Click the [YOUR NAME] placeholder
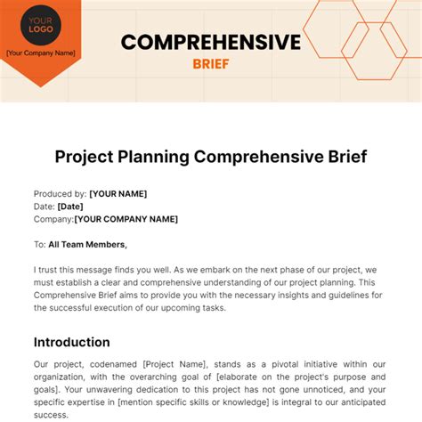118,193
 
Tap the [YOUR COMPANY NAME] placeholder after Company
126,219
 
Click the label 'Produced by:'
61,193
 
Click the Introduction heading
72,342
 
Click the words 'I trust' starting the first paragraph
49,270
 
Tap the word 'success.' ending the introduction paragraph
53,414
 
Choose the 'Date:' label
45,206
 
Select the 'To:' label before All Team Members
41,244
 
